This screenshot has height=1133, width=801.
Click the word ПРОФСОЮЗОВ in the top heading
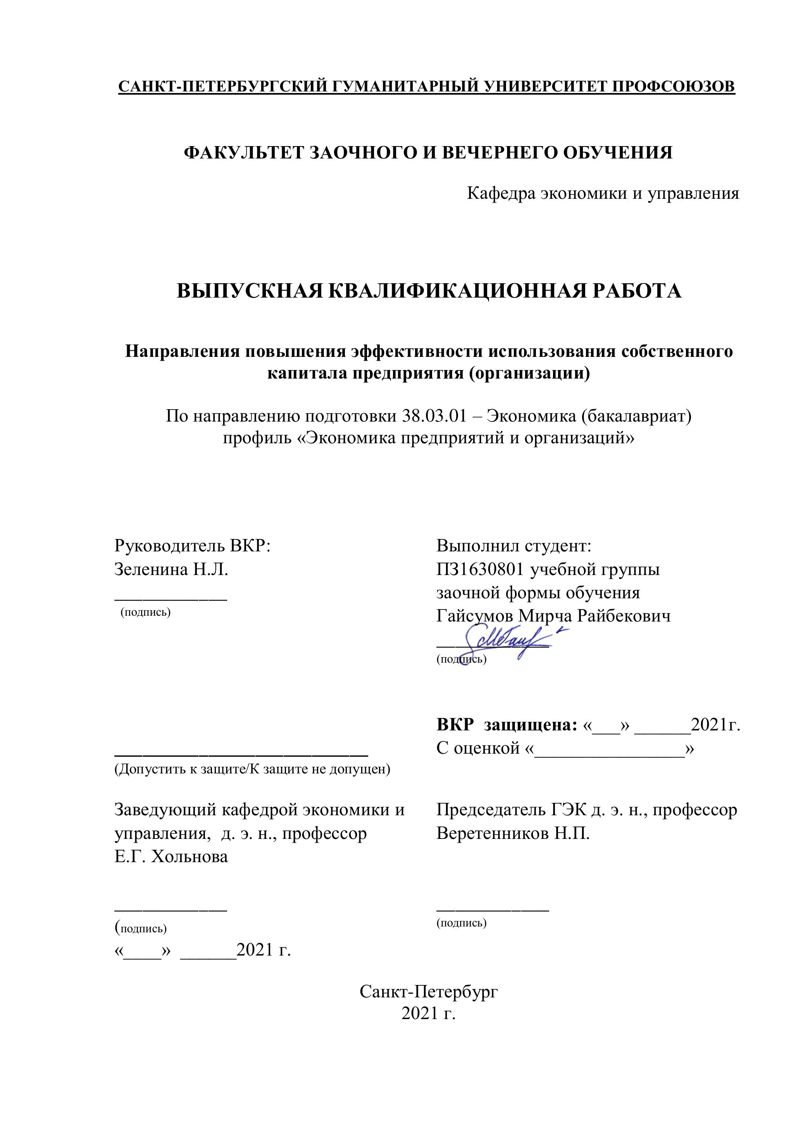click(x=673, y=86)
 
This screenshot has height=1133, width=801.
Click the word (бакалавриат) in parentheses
click(x=636, y=416)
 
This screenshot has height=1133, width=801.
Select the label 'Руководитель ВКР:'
click(x=193, y=546)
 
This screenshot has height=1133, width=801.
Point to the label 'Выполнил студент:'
click(x=514, y=546)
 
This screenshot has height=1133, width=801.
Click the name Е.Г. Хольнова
click(x=171, y=856)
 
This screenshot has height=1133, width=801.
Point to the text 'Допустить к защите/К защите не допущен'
click(x=252, y=769)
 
